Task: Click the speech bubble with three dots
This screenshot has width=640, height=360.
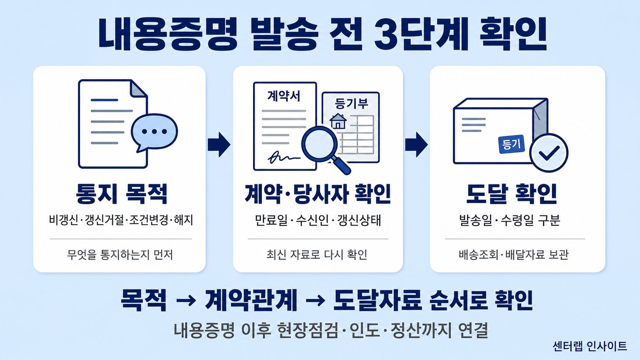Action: [x=154, y=132]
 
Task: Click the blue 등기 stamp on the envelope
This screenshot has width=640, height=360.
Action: [x=511, y=144]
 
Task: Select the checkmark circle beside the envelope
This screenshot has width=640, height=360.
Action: [x=549, y=153]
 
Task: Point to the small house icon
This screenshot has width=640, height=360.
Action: [x=338, y=121]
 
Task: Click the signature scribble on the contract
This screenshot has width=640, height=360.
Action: [x=283, y=156]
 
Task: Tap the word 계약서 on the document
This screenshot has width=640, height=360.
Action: [x=284, y=96]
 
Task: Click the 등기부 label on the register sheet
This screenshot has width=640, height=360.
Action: [x=351, y=103]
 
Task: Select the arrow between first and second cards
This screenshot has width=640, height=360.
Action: [x=219, y=145]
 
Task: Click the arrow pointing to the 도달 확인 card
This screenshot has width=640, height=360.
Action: [x=416, y=145]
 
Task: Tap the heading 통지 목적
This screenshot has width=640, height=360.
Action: [x=121, y=194]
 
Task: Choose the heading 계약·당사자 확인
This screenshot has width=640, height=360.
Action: [x=318, y=194]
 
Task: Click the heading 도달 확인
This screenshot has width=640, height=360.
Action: [x=511, y=194]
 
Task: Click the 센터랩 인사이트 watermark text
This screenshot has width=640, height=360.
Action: [x=590, y=346]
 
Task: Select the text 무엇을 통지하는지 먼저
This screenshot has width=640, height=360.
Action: [x=120, y=254]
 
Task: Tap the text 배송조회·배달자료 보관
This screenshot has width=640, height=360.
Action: [x=513, y=254]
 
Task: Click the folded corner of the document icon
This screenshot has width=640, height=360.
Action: [x=138, y=88]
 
